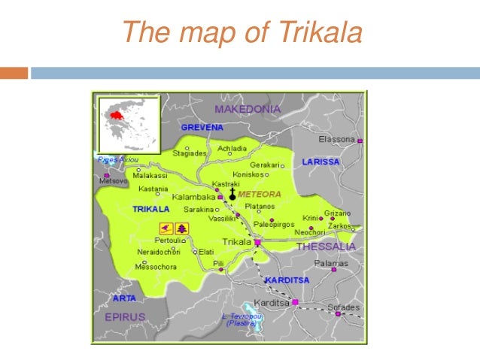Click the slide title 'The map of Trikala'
point(242,32)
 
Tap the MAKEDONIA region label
point(248,109)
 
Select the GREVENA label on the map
point(202,128)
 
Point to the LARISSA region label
point(321,162)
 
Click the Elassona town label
point(336,139)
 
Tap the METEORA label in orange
point(259,194)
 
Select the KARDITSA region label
point(287,280)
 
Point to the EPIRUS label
point(124,317)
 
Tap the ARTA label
point(124,298)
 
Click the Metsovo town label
point(114,181)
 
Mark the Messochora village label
point(156,267)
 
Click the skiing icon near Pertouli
point(165,227)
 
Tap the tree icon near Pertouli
point(182,227)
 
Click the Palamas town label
point(330,264)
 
